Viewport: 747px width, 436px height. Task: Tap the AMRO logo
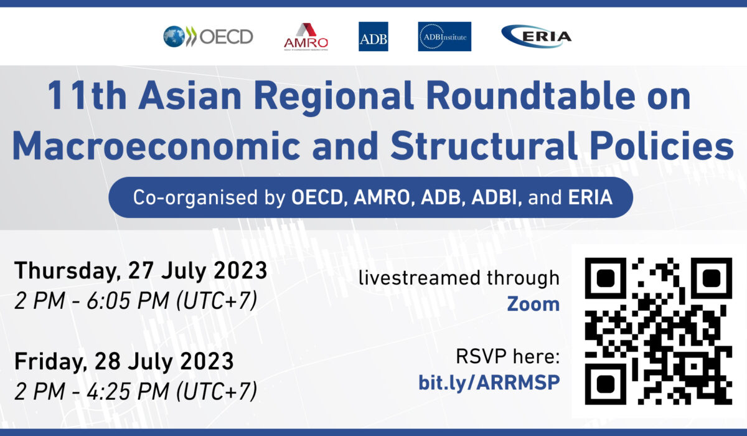pos(306,37)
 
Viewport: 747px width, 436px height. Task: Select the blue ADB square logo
pos(373,36)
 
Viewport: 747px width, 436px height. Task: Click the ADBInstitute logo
pos(444,36)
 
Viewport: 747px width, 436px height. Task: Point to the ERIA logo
pos(536,36)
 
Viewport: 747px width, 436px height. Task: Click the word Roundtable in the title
pos(530,96)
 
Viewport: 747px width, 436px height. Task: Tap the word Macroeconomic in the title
pos(156,146)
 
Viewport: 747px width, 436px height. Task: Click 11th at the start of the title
pos(87,96)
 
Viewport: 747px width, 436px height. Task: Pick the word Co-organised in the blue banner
pos(195,197)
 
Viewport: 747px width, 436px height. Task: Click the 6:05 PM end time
pos(128,301)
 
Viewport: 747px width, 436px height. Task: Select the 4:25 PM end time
pos(128,391)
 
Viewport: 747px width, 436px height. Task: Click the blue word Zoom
pos(533,304)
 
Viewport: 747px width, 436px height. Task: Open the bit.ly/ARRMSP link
pos(489,382)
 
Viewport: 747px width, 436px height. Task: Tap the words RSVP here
pos(507,356)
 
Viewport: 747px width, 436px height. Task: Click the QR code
pos(659,331)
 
